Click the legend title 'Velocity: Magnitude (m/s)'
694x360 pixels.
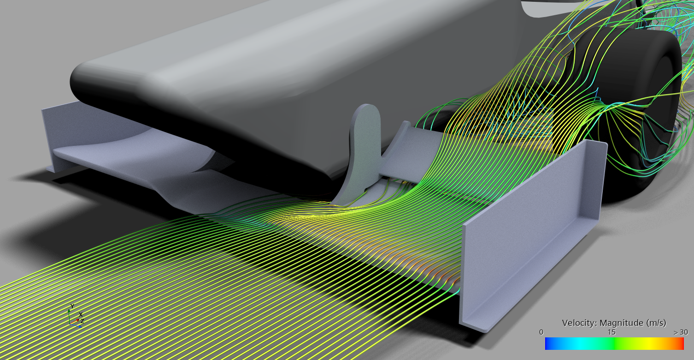pyautogui.click(x=614, y=323)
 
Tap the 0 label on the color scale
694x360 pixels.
pyautogui.click(x=541, y=332)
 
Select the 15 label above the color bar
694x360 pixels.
pyautogui.click(x=611, y=332)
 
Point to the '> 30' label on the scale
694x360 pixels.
pyautogui.click(x=681, y=332)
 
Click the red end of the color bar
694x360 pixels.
pyautogui.click(x=681, y=343)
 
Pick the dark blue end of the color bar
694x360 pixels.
pyautogui.click(x=548, y=343)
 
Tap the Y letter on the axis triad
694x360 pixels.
pyautogui.click(x=72, y=306)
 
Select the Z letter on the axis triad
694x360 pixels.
pyautogui.click(x=82, y=321)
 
